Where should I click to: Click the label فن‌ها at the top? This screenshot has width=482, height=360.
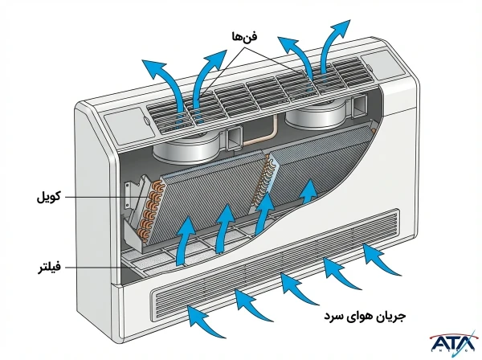241,36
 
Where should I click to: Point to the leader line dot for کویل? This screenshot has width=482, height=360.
127,195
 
